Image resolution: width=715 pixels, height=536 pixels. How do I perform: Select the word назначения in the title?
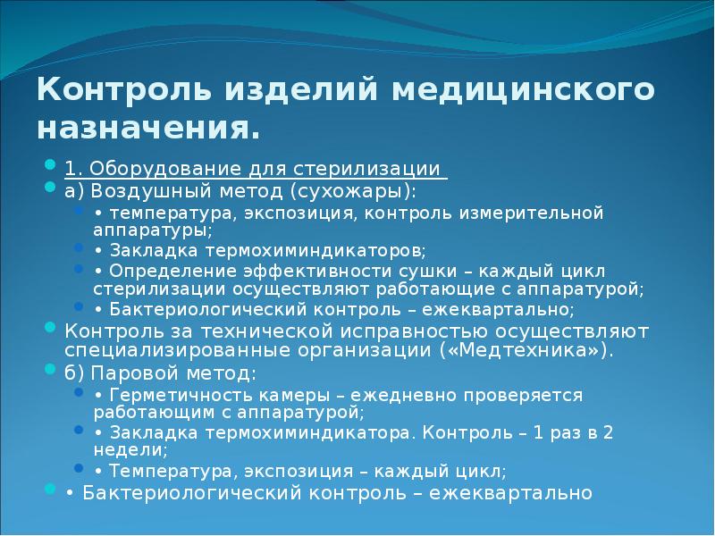(147, 129)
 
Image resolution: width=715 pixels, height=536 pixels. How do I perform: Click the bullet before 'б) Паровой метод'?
(50, 371)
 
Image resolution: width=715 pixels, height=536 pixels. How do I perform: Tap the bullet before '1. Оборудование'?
(50, 168)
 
